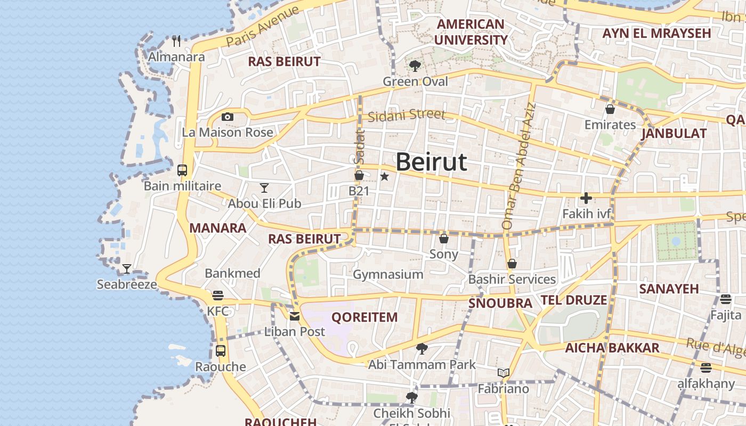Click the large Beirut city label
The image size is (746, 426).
pyautogui.click(x=431, y=161)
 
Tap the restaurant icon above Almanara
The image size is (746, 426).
pyautogui.click(x=176, y=40)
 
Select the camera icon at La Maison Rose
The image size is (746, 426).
pyautogui.click(x=228, y=117)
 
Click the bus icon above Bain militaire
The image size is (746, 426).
pyautogui.click(x=182, y=170)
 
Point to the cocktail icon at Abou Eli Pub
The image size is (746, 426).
pyautogui.click(x=264, y=187)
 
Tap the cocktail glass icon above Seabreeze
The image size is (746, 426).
pyautogui.click(x=127, y=268)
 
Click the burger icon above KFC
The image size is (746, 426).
pyautogui.click(x=217, y=295)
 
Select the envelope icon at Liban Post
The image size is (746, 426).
pyautogui.click(x=295, y=316)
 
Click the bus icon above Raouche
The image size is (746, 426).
pyautogui.click(x=221, y=351)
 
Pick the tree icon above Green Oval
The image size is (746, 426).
pyautogui.click(x=415, y=66)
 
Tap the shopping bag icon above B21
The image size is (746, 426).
pyautogui.click(x=359, y=175)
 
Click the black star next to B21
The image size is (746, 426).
pyautogui.click(x=384, y=176)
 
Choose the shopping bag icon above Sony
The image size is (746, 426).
pyautogui.click(x=444, y=238)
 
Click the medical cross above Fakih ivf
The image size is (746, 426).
pyautogui.click(x=586, y=199)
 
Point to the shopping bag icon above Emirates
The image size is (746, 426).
pyautogui.click(x=610, y=109)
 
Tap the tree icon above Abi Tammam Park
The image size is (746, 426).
pyautogui.click(x=422, y=349)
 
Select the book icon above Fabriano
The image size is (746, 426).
pyautogui.click(x=504, y=373)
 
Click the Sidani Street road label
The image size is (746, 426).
pyautogui.click(x=406, y=115)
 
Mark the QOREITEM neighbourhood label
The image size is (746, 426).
pyautogui.click(x=364, y=317)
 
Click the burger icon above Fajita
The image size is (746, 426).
pyautogui.click(x=726, y=299)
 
